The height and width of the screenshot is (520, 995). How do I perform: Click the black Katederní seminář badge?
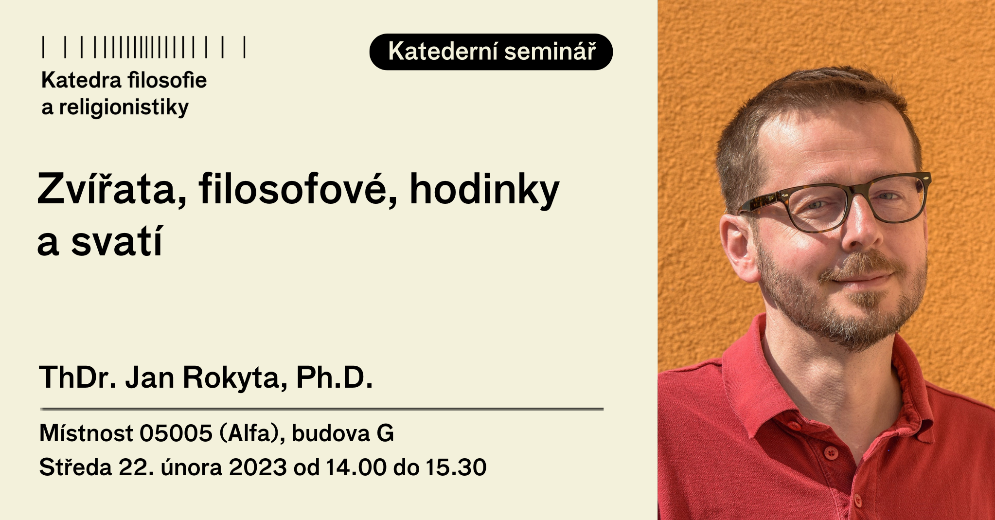click(491, 52)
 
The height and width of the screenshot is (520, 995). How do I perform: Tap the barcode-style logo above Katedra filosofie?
click(144, 47)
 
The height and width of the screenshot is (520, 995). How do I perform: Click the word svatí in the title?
click(117, 241)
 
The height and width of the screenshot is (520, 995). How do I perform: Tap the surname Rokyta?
click(235, 378)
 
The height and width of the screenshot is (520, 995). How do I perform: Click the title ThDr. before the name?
click(78, 377)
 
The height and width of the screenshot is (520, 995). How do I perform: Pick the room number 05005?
click(176, 433)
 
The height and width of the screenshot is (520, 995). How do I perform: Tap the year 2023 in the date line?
click(258, 467)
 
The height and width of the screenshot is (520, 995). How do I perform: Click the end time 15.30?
click(456, 467)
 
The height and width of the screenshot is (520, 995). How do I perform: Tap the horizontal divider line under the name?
click(322, 409)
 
